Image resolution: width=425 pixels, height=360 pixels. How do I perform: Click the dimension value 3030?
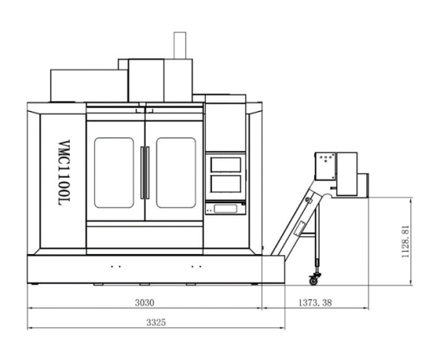point(144,303)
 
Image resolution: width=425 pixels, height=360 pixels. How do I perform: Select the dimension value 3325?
point(156,322)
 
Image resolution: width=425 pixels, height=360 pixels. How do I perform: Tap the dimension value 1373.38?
point(315,303)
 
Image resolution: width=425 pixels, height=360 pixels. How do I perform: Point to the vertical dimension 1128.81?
point(405,242)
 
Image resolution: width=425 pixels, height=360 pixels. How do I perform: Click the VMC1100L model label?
point(65,173)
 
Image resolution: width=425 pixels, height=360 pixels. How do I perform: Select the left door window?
point(114,173)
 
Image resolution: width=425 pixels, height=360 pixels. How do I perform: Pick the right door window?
point(176,173)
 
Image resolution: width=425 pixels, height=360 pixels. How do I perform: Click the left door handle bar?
point(142,173)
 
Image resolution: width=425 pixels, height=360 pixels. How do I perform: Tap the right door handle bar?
point(148,173)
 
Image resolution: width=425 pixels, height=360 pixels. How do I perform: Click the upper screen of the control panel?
point(226,165)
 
